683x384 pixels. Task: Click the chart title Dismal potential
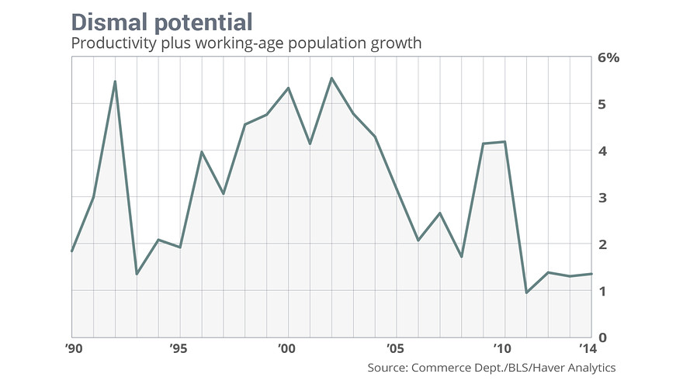161,20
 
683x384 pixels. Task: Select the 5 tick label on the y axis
602,105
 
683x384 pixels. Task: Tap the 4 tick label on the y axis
602,151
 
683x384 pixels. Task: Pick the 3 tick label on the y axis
602,198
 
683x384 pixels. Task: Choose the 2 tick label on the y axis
602,244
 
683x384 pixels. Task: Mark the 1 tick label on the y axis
602,291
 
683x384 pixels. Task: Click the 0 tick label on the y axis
602,337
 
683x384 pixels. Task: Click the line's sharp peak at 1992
115,81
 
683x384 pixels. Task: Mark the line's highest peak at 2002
331,78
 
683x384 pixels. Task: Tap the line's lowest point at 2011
527,292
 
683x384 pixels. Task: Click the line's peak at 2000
288,88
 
